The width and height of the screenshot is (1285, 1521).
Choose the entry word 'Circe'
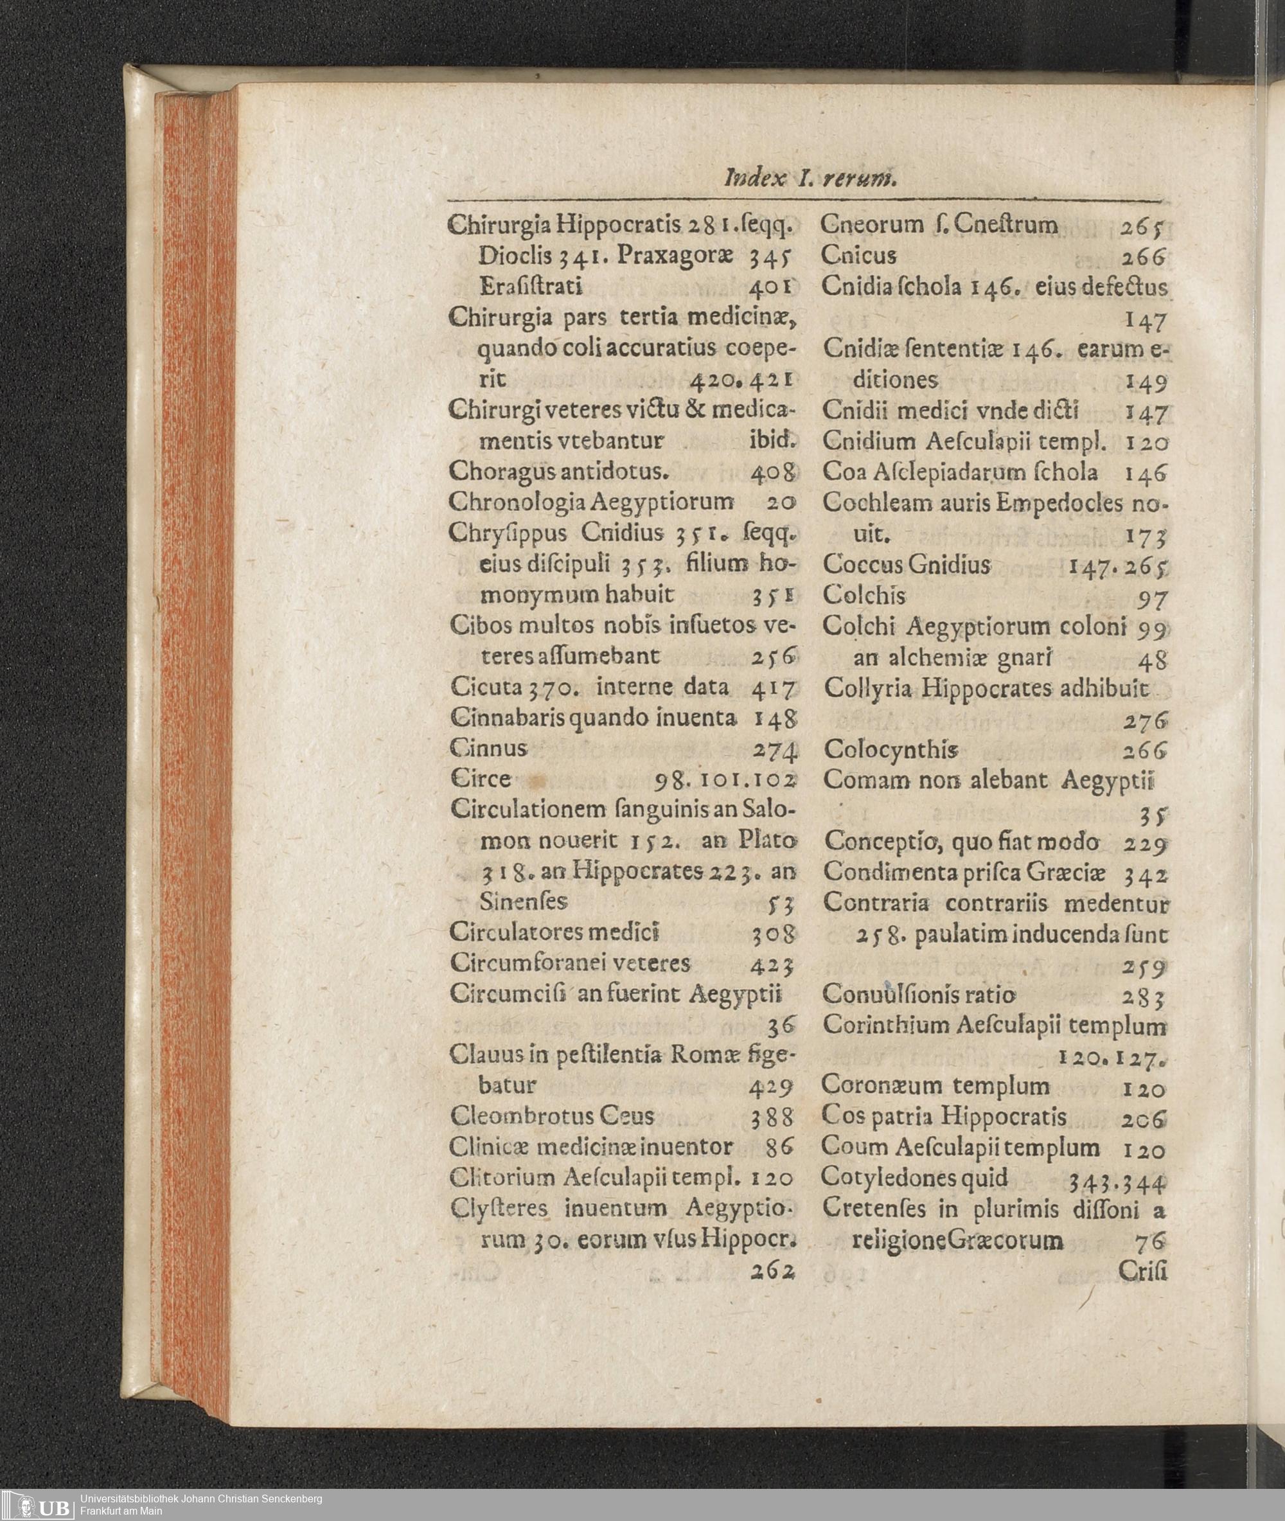pyautogui.click(x=480, y=779)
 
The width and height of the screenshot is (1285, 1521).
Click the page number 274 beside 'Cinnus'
pyautogui.click(x=772, y=749)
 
